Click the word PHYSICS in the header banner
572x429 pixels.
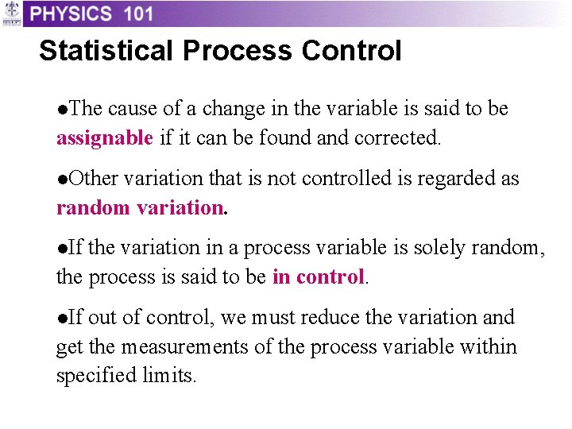click(x=71, y=14)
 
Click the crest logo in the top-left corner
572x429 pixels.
click(x=11, y=14)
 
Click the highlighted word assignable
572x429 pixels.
click(x=104, y=137)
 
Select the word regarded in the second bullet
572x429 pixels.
click(x=455, y=179)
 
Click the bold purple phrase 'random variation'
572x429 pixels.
click(x=140, y=207)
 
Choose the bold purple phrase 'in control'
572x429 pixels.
click(x=318, y=277)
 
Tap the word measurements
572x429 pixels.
click(x=180, y=347)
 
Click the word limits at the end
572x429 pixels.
click(x=171, y=376)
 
